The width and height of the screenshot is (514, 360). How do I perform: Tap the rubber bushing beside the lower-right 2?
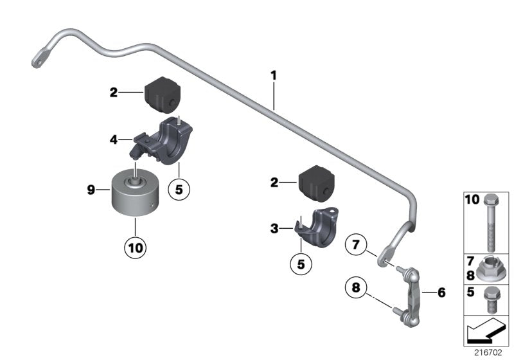coord(317,183)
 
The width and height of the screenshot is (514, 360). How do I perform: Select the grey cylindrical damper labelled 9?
coord(135,193)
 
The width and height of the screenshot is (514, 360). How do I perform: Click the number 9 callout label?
coord(91,190)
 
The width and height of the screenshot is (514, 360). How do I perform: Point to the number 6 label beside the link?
coord(441,292)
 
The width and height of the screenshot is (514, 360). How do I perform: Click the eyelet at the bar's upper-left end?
coord(39,58)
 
